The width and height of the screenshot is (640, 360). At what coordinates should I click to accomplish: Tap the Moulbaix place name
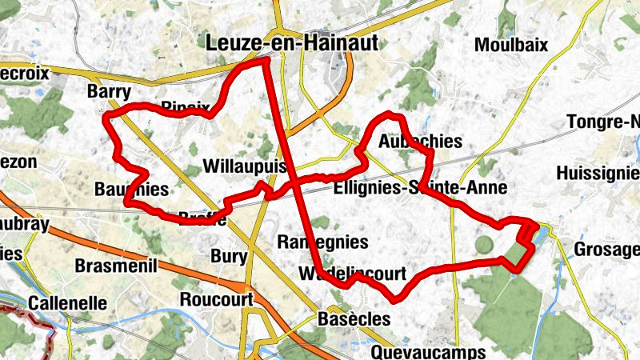point(511,45)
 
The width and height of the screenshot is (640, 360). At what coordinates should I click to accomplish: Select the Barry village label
point(108,92)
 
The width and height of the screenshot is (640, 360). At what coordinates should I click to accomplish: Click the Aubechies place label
point(420,142)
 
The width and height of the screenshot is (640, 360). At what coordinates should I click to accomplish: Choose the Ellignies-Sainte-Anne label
point(421,189)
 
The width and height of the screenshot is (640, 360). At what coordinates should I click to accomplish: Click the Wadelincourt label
point(352,273)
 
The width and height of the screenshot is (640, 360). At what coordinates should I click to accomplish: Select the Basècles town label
point(353,318)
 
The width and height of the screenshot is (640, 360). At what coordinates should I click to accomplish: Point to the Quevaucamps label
point(429,352)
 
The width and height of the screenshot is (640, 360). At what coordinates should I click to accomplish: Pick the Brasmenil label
point(116,266)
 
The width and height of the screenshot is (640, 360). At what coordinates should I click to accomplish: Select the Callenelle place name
point(67,303)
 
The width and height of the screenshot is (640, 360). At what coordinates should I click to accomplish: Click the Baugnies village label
point(131,190)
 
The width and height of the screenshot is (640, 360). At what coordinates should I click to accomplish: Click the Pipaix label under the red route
point(186,106)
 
